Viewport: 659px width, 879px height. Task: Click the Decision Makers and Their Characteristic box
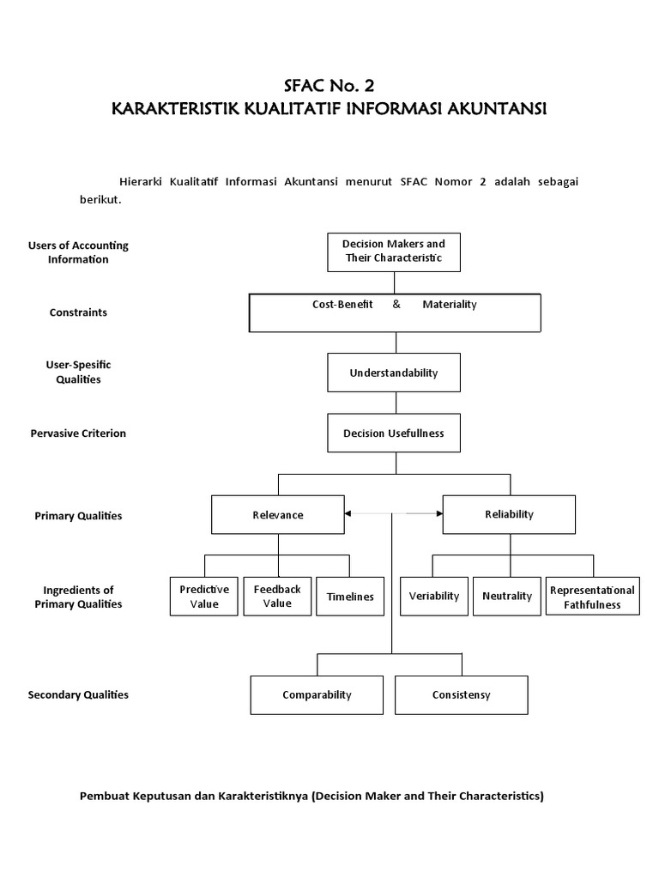pos(394,252)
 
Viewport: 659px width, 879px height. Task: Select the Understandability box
pos(394,373)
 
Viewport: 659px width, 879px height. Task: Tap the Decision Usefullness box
pos(394,433)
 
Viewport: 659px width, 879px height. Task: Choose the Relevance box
pos(278,515)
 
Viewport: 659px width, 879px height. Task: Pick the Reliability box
pos(509,514)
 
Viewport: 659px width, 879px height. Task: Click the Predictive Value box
pos(204,597)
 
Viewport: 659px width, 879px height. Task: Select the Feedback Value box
pos(277,597)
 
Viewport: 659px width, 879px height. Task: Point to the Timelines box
pos(350,597)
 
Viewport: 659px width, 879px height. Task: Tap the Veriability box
pos(434,596)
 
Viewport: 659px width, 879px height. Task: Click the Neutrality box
pos(507,596)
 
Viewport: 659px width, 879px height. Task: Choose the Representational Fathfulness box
pos(592,597)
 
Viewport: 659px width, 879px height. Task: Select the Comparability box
pos(317,695)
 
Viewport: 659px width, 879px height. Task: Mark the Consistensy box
pos(462,695)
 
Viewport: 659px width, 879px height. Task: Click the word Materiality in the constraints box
pos(450,305)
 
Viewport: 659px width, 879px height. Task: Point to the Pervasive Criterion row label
pos(78,433)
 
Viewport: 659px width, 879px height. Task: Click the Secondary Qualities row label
pos(78,694)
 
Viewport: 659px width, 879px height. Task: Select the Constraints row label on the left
pos(78,312)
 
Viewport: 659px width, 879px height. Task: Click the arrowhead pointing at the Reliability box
pos(438,513)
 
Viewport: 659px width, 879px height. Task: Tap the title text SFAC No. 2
pos(329,86)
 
